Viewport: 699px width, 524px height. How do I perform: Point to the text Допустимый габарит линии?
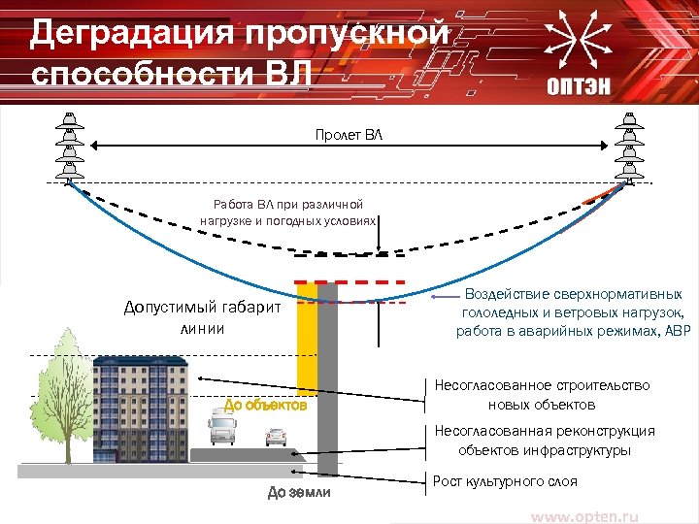[x=202, y=317]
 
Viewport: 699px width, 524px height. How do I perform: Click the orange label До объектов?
[x=265, y=405]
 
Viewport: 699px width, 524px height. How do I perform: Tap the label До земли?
[x=299, y=493]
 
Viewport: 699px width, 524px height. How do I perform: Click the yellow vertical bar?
[x=307, y=340]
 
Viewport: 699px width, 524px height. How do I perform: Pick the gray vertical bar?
[x=328, y=378]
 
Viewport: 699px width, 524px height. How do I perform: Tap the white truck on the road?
[x=225, y=430]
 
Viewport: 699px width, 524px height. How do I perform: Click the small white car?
[x=277, y=439]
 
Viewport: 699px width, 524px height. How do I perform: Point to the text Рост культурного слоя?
[x=505, y=481]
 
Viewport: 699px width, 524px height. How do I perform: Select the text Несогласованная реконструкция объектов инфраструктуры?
[x=544, y=441]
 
